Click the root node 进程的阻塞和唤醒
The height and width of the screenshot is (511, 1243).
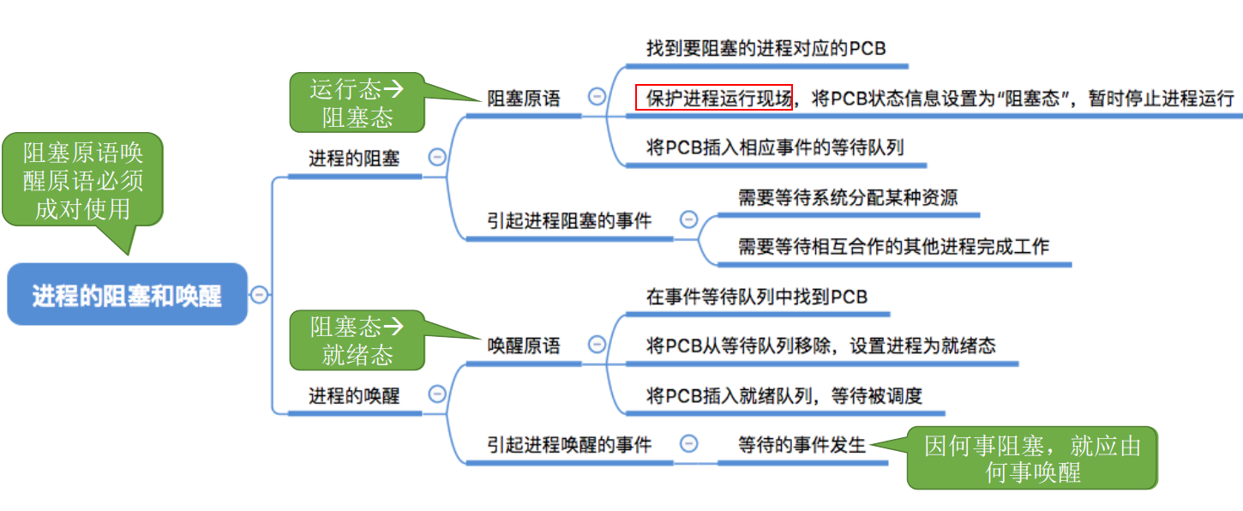(x=127, y=296)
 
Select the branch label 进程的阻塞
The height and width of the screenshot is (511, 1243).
(x=354, y=159)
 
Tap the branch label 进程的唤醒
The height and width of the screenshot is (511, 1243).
(x=354, y=395)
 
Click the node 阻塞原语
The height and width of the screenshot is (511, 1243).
(x=523, y=98)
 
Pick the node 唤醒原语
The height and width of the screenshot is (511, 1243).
(x=523, y=346)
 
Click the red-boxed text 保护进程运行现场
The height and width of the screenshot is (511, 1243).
(x=714, y=98)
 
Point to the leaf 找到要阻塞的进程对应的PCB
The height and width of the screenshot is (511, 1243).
(x=766, y=48)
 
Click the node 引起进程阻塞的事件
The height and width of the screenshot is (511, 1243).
(x=569, y=220)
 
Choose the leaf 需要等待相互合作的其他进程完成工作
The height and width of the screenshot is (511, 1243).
(x=893, y=247)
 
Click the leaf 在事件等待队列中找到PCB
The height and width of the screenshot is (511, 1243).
(x=757, y=297)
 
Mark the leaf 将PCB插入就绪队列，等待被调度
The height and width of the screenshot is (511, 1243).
(x=784, y=395)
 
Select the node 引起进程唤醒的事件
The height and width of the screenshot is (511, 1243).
(x=569, y=444)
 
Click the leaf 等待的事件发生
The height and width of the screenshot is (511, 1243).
(x=802, y=444)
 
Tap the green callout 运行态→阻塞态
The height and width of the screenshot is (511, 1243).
(x=357, y=102)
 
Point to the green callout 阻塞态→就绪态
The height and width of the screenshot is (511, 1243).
(x=357, y=340)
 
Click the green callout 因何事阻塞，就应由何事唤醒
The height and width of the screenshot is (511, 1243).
(x=1032, y=458)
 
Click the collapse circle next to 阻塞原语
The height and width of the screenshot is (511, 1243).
(x=597, y=97)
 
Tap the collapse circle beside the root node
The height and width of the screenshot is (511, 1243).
(x=260, y=295)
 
